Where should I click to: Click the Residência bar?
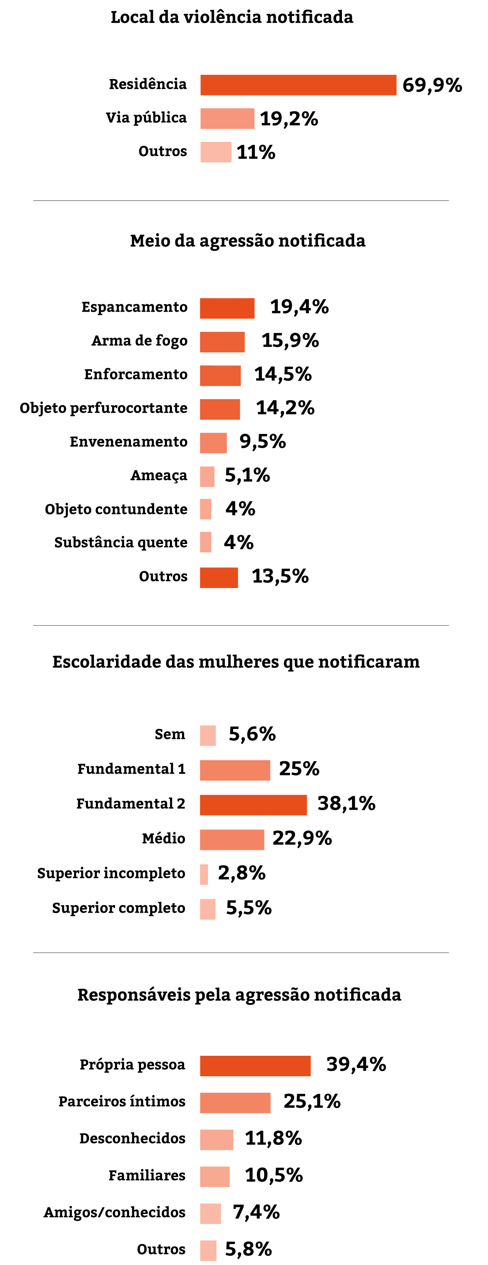click(298, 85)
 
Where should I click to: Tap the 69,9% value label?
click(432, 85)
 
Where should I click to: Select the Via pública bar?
click(227, 118)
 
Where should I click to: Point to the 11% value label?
click(256, 152)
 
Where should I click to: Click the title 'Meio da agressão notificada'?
click(247, 241)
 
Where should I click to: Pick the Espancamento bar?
click(227, 308)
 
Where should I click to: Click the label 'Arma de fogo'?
click(139, 341)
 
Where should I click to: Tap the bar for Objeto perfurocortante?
click(220, 410)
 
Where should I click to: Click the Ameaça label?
click(159, 475)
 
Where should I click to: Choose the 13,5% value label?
click(280, 577)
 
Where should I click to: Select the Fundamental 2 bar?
click(253, 805)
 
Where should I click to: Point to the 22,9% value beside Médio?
click(302, 838)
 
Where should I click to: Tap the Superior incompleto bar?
click(204, 874)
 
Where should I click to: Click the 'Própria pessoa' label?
click(133, 1065)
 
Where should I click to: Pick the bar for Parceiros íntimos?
click(235, 1103)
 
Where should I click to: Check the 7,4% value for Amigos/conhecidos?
click(256, 1212)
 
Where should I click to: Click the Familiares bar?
click(215, 1177)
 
